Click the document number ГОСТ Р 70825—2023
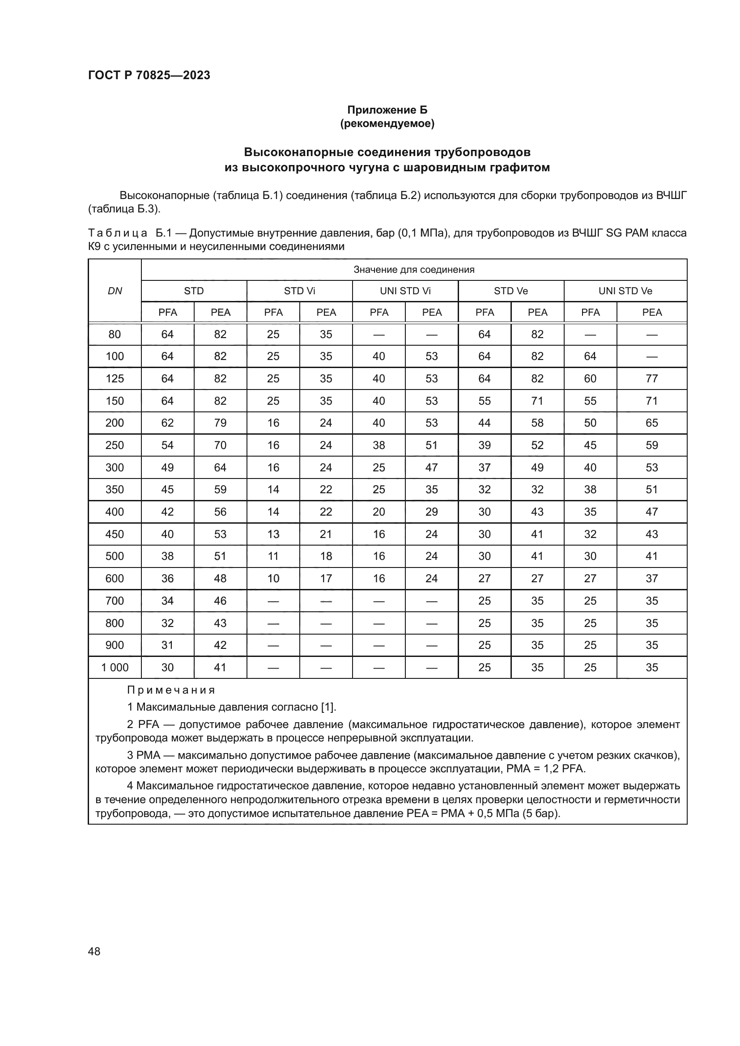click(x=149, y=75)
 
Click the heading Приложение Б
click(x=387, y=110)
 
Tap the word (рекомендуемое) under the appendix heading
click(x=387, y=123)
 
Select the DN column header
click(x=115, y=291)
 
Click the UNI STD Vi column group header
click(x=405, y=291)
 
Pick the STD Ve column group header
click(x=510, y=291)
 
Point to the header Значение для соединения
click(x=414, y=270)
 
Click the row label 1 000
click(x=115, y=667)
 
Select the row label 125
click(x=115, y=379)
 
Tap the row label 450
click(x=115, y=534)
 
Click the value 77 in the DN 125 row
click(x=651, y=379)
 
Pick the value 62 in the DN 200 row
click(x=167, y=423)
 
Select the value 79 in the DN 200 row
click(x=220, y=423)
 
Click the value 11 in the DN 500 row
click(x=273, y=556)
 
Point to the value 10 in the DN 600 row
click(x=273, y=578)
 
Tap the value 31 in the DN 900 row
click(x=167, y=645)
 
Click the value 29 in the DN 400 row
click(x=431, y=512)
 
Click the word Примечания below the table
click(x=171, y=690)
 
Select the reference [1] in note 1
click(x=328, y=707)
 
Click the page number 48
click(x=94, y=951)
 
